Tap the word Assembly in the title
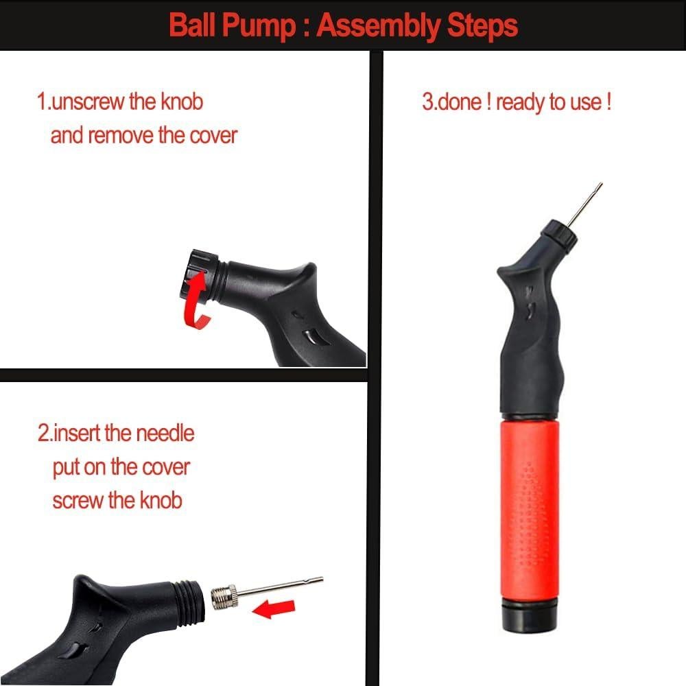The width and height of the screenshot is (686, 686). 377,26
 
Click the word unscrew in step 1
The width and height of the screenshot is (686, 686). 88,102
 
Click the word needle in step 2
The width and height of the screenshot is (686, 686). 165,434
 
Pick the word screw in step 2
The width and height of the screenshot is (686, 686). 78,499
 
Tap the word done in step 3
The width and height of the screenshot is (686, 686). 460,103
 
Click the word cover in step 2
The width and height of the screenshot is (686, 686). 165,467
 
